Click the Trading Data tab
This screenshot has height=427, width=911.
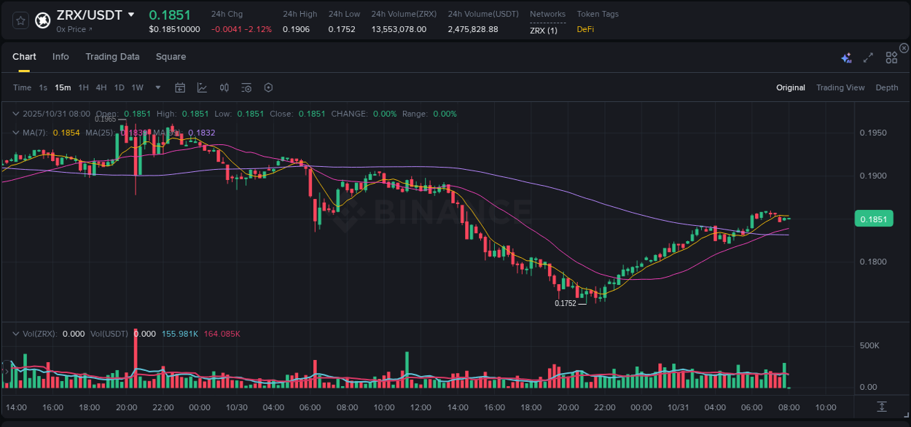pos(112,57)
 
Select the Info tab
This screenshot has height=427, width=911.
pos(60,57)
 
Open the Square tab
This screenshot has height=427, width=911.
pos(171,57)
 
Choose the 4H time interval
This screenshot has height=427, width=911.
pos(101,87)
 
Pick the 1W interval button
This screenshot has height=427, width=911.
pos(137,87)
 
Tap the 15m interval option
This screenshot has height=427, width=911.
pos(63,87)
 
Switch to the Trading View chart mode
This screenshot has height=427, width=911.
pos(840,87)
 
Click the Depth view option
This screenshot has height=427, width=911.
pos(887,87)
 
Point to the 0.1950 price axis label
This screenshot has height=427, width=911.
pos(873,133)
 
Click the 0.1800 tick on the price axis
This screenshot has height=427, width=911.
pos(873,262)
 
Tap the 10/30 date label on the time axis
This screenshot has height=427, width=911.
pos(237,407)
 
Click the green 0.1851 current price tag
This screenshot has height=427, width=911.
pos(873,219)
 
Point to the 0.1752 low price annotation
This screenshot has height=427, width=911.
pos(565,303)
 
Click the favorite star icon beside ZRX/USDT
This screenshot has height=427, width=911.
pos(20,20)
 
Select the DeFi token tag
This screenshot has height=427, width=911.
pos(585,29)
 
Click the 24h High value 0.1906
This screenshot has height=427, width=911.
pos(295,29)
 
